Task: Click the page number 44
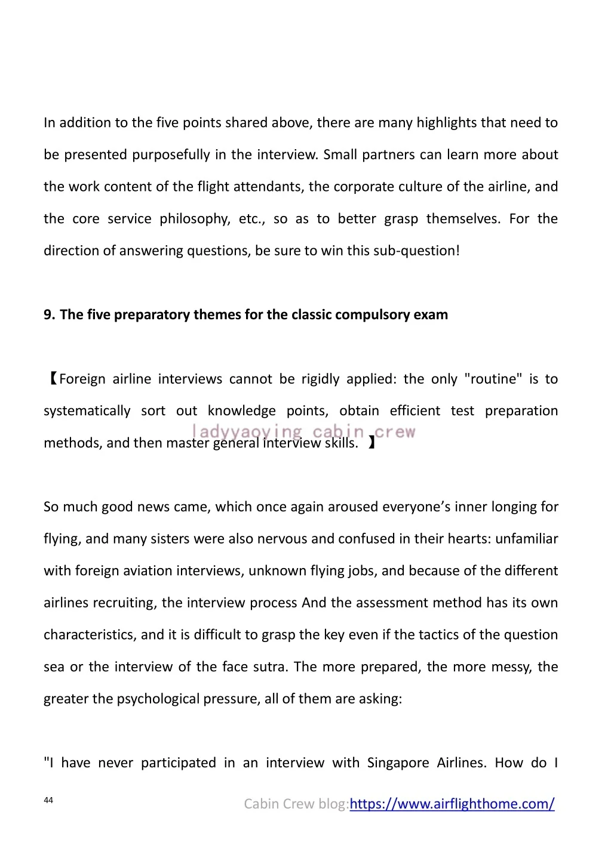pyautogui.click(x=48, y=800)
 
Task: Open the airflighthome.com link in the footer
pyautogui.click(x=452, y=804)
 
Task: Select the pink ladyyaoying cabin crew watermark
pyautogui.click(x=303, y=431)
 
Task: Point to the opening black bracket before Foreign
pyautogui.click(x=51, y=379)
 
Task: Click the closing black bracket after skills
pyautogui.click(x=371, y=443)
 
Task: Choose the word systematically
pyautogui.click(x=87, y=411)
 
